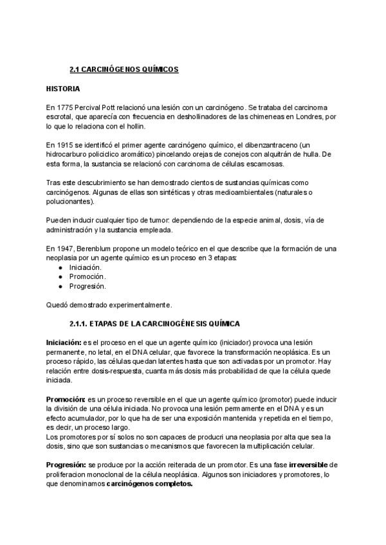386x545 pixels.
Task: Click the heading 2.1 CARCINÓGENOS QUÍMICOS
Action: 124,69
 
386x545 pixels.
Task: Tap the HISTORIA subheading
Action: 63,87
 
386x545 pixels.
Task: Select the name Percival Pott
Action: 98,105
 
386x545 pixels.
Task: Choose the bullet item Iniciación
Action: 86,266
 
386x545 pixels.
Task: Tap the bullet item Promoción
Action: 87,276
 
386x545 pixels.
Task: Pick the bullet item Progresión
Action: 87,286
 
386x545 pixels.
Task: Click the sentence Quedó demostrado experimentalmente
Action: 109,305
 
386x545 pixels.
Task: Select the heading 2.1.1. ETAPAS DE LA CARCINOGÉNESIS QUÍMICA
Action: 154,323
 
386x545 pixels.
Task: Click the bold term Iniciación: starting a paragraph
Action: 64,342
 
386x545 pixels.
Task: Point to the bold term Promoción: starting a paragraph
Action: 66,399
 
